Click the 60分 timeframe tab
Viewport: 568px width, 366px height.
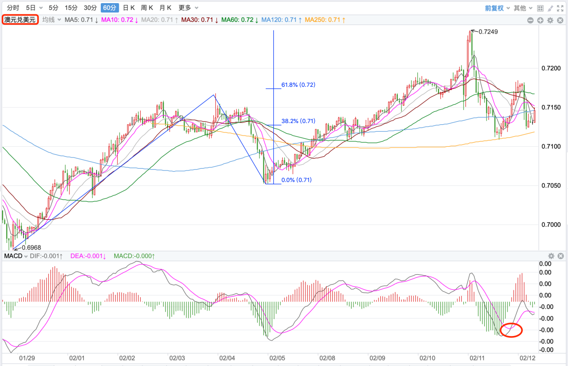110,8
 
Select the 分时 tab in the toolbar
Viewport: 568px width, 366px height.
13,8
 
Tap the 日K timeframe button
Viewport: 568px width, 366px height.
129,8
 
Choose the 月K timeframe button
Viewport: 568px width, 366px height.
165,8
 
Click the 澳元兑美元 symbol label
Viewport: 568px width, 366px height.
20,20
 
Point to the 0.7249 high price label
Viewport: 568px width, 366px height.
488,32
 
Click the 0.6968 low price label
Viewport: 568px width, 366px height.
31,247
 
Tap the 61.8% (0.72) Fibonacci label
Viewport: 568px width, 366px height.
298,84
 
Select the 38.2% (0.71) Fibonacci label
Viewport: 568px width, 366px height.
298,121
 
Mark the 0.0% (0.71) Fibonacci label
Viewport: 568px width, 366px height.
296,180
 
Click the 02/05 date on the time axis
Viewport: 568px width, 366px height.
276,358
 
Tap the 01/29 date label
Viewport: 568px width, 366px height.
27,358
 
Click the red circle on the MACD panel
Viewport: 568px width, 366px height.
511,330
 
